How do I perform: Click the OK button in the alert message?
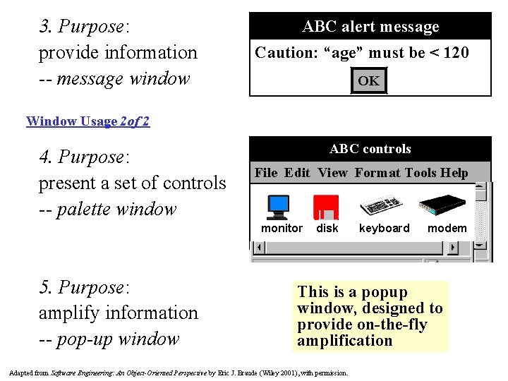tap(368, 80)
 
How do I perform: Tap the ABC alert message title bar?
tap(370, 27)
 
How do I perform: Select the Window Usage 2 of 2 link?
tap(87, 121)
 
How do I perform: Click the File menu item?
tap(266, 173)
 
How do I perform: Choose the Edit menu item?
tap(297, 173)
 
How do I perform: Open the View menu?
tap(333, 173)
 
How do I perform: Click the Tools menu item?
tap(421, 173)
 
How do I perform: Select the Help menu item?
tap(454, 173)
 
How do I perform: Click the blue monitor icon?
tap(278, 206)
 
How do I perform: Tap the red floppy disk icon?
tap(326, 207)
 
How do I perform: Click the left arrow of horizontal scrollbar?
tap(260, 248)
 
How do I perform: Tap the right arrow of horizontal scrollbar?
tap(452, 248)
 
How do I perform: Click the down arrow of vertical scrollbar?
tap(480, 244)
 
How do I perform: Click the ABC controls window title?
tap(370, 149)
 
